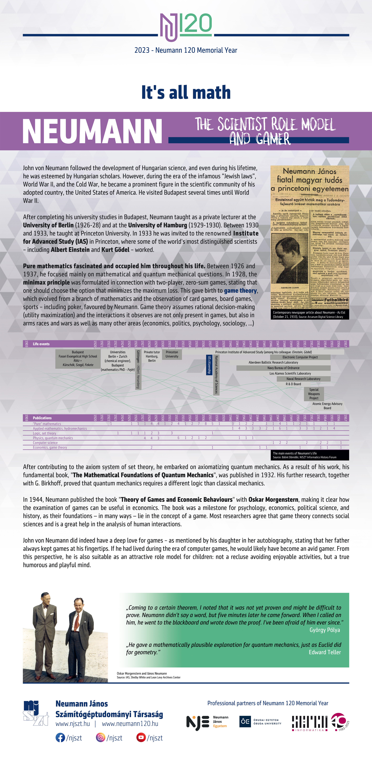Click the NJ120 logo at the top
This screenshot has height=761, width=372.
click(186, 27)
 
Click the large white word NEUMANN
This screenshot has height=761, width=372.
click(92, 131)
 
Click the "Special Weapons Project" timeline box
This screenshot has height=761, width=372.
click(314, 394)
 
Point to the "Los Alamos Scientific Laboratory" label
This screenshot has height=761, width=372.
click(290, 373)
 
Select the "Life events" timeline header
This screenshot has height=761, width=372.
click(41, 344)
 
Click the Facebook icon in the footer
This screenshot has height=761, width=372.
click(60, 738)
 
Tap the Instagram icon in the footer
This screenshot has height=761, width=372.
click(100, 738)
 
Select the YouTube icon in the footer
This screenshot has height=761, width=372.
click(141, 738)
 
